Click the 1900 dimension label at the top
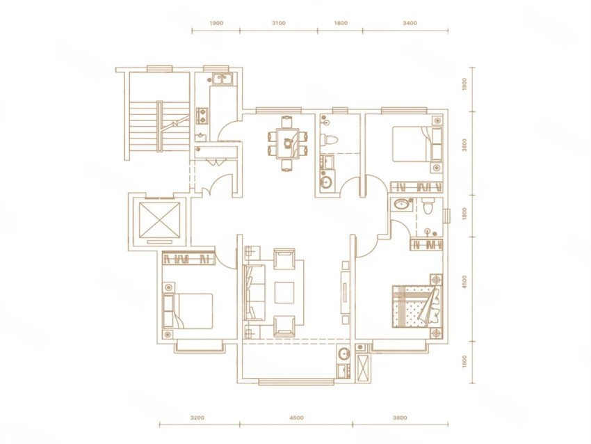216,23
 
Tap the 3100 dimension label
279,23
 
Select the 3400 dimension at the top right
410,23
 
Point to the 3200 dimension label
197,418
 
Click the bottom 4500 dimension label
297,418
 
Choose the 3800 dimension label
400,418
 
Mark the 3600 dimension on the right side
464,145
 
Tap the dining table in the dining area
287,143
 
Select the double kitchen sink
222,79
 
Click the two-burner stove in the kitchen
202,116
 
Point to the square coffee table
284,292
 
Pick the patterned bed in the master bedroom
417,306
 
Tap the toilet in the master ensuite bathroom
428,206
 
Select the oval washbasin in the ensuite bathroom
402,205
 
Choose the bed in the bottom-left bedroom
188,311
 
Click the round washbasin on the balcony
343,354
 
